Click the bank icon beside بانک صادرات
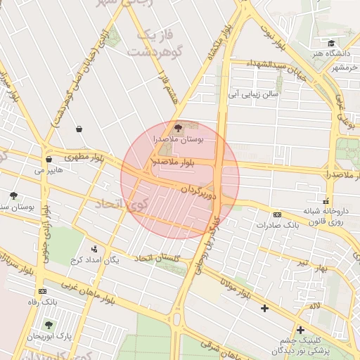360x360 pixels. (277, 214)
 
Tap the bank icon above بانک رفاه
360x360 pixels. (44, 290)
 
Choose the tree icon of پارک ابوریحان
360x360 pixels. (48, 325)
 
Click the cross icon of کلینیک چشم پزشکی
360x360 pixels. (300, 330)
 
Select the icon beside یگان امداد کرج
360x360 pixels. (94, 248)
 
